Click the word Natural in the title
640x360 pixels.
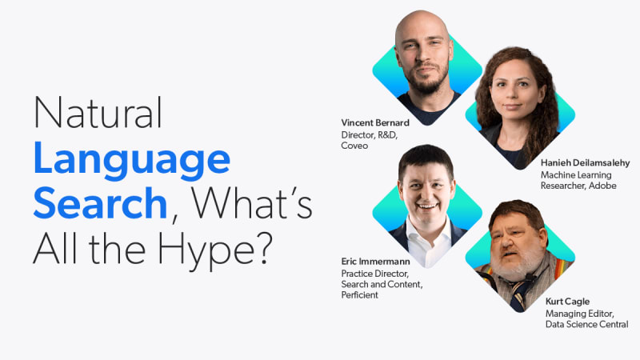tap(98, 112)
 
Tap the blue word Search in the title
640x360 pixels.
tap(101, 203)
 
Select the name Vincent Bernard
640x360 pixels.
tap(375, 123)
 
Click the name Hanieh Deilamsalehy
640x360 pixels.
tap(585, 163)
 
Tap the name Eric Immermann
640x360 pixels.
tap(375, 262)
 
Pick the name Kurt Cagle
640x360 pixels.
tap(567, 302)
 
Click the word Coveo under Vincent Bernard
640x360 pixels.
tap(354, 146)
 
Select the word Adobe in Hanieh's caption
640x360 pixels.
tap(602, 186)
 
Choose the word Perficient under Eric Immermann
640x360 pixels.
tap(359, 295)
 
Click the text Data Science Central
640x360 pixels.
tap(586, 325)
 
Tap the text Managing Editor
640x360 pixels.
tap(579, 314)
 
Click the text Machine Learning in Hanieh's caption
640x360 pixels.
tap(576, 175)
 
